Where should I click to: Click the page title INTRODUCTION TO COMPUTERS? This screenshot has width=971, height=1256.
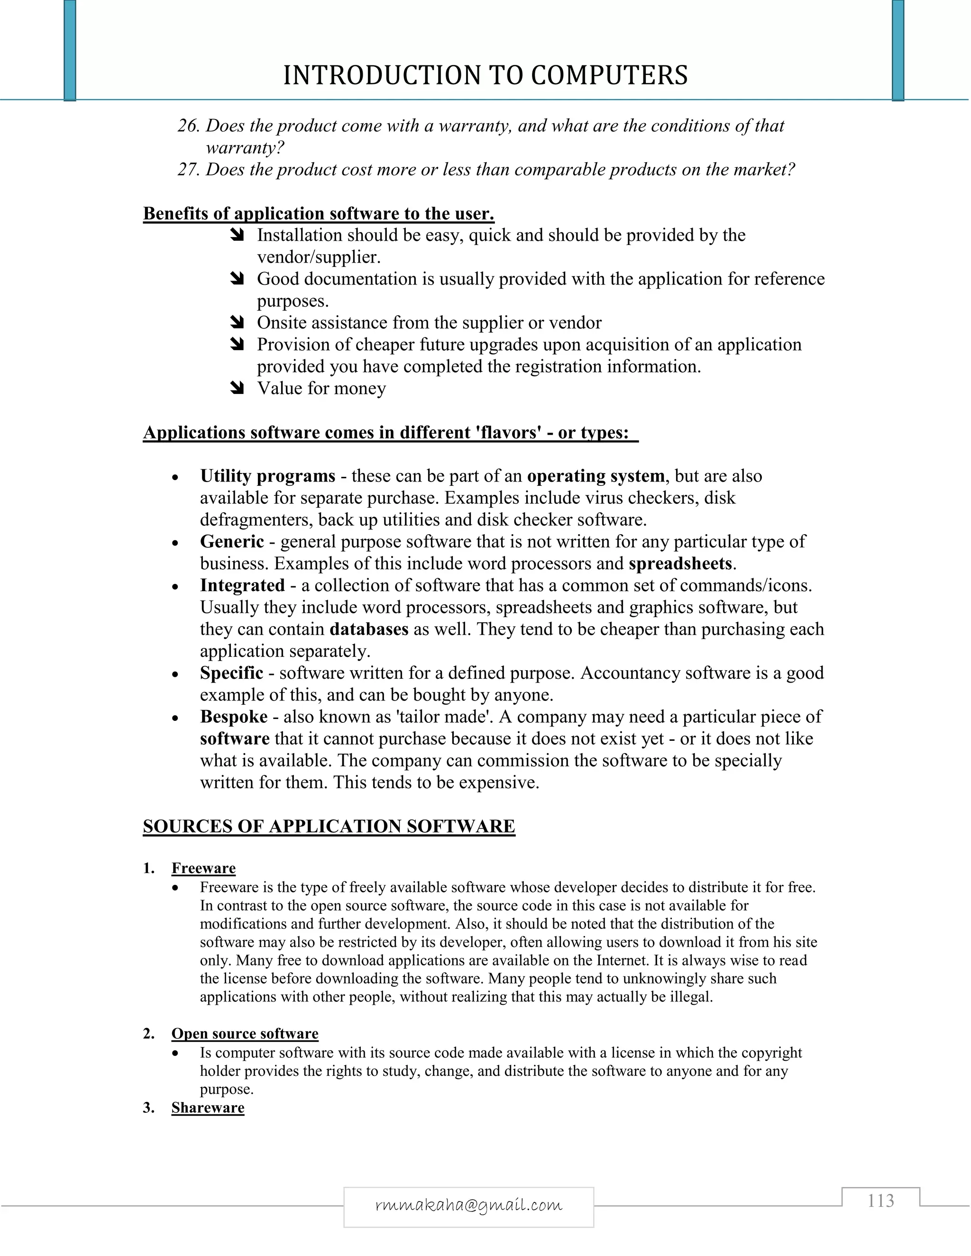point(485,75)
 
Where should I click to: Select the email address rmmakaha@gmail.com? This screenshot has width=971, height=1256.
point(468,1204)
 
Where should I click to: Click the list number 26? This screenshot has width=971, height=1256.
point(188,126)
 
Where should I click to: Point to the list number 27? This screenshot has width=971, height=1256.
point(188,170)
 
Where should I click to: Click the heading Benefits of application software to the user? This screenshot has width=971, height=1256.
point(318,213)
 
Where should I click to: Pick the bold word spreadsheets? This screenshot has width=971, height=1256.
point(680,563)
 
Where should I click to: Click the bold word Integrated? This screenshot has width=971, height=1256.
point(242,585)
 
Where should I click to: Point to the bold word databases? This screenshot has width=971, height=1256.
point(369,628)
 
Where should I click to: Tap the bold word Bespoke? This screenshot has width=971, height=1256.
point(234,717)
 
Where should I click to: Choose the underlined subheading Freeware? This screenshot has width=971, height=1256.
point(203,868)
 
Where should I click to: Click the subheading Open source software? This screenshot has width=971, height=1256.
point(245,1033)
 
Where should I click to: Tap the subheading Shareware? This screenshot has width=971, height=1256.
point(208,1108)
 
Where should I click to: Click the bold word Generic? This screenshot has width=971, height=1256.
point(232,541)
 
